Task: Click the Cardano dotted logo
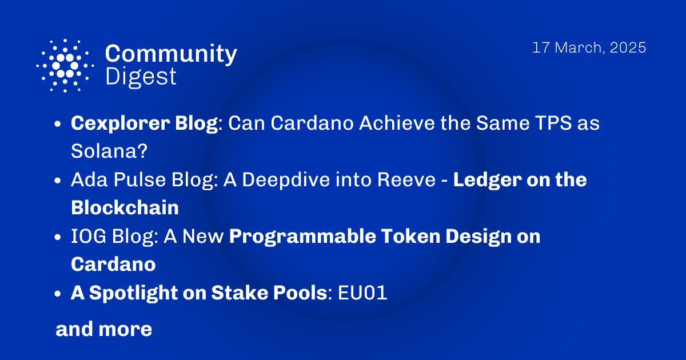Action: [x=65, y=65]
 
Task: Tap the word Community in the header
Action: [x=171, y=54]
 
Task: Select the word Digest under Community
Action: [x=141, y=76]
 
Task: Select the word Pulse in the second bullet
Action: [x=137, y=180]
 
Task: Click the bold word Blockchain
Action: [x=125, y=208]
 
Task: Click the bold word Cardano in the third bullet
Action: [x=113, y=265]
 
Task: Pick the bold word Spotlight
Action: [x=144, y=293]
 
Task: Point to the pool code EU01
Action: [x=363, y=293]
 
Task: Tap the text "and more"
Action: [x=103, y=329]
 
